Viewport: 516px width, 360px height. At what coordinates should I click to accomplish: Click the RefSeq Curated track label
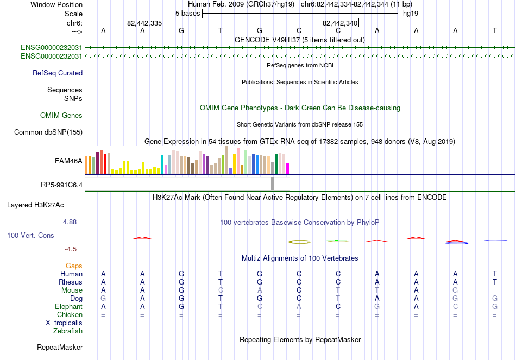(58, 73)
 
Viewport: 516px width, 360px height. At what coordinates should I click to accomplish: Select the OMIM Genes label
(61, 115)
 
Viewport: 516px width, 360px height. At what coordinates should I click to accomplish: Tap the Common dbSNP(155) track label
(48, 132)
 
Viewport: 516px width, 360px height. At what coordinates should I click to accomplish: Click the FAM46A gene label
(68, 161)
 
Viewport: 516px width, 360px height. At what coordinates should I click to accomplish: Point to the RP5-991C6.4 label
(61, 185)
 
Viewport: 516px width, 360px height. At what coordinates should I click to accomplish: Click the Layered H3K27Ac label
(35, 205)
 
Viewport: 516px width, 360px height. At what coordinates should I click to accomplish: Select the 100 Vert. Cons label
(30, 235)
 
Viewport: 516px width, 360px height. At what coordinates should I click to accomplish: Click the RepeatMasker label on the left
(60, 347)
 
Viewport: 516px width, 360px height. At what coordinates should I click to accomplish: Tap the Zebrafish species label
(68, 331)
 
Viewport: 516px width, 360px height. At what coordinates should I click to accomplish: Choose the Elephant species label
(68, 306)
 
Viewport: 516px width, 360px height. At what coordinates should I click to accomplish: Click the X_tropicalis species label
(64, 323)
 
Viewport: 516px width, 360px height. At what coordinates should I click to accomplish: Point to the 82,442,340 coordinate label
(340, 23)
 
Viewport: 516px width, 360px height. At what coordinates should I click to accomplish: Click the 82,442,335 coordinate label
(144, 23)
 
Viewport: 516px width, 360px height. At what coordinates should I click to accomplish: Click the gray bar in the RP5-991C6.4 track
(272, 184)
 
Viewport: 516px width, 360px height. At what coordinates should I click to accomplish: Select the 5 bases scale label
(187, 14)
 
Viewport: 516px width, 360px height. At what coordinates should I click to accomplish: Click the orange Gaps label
(74, 266)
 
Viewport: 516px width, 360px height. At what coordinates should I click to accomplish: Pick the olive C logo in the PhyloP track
(299, 242)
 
